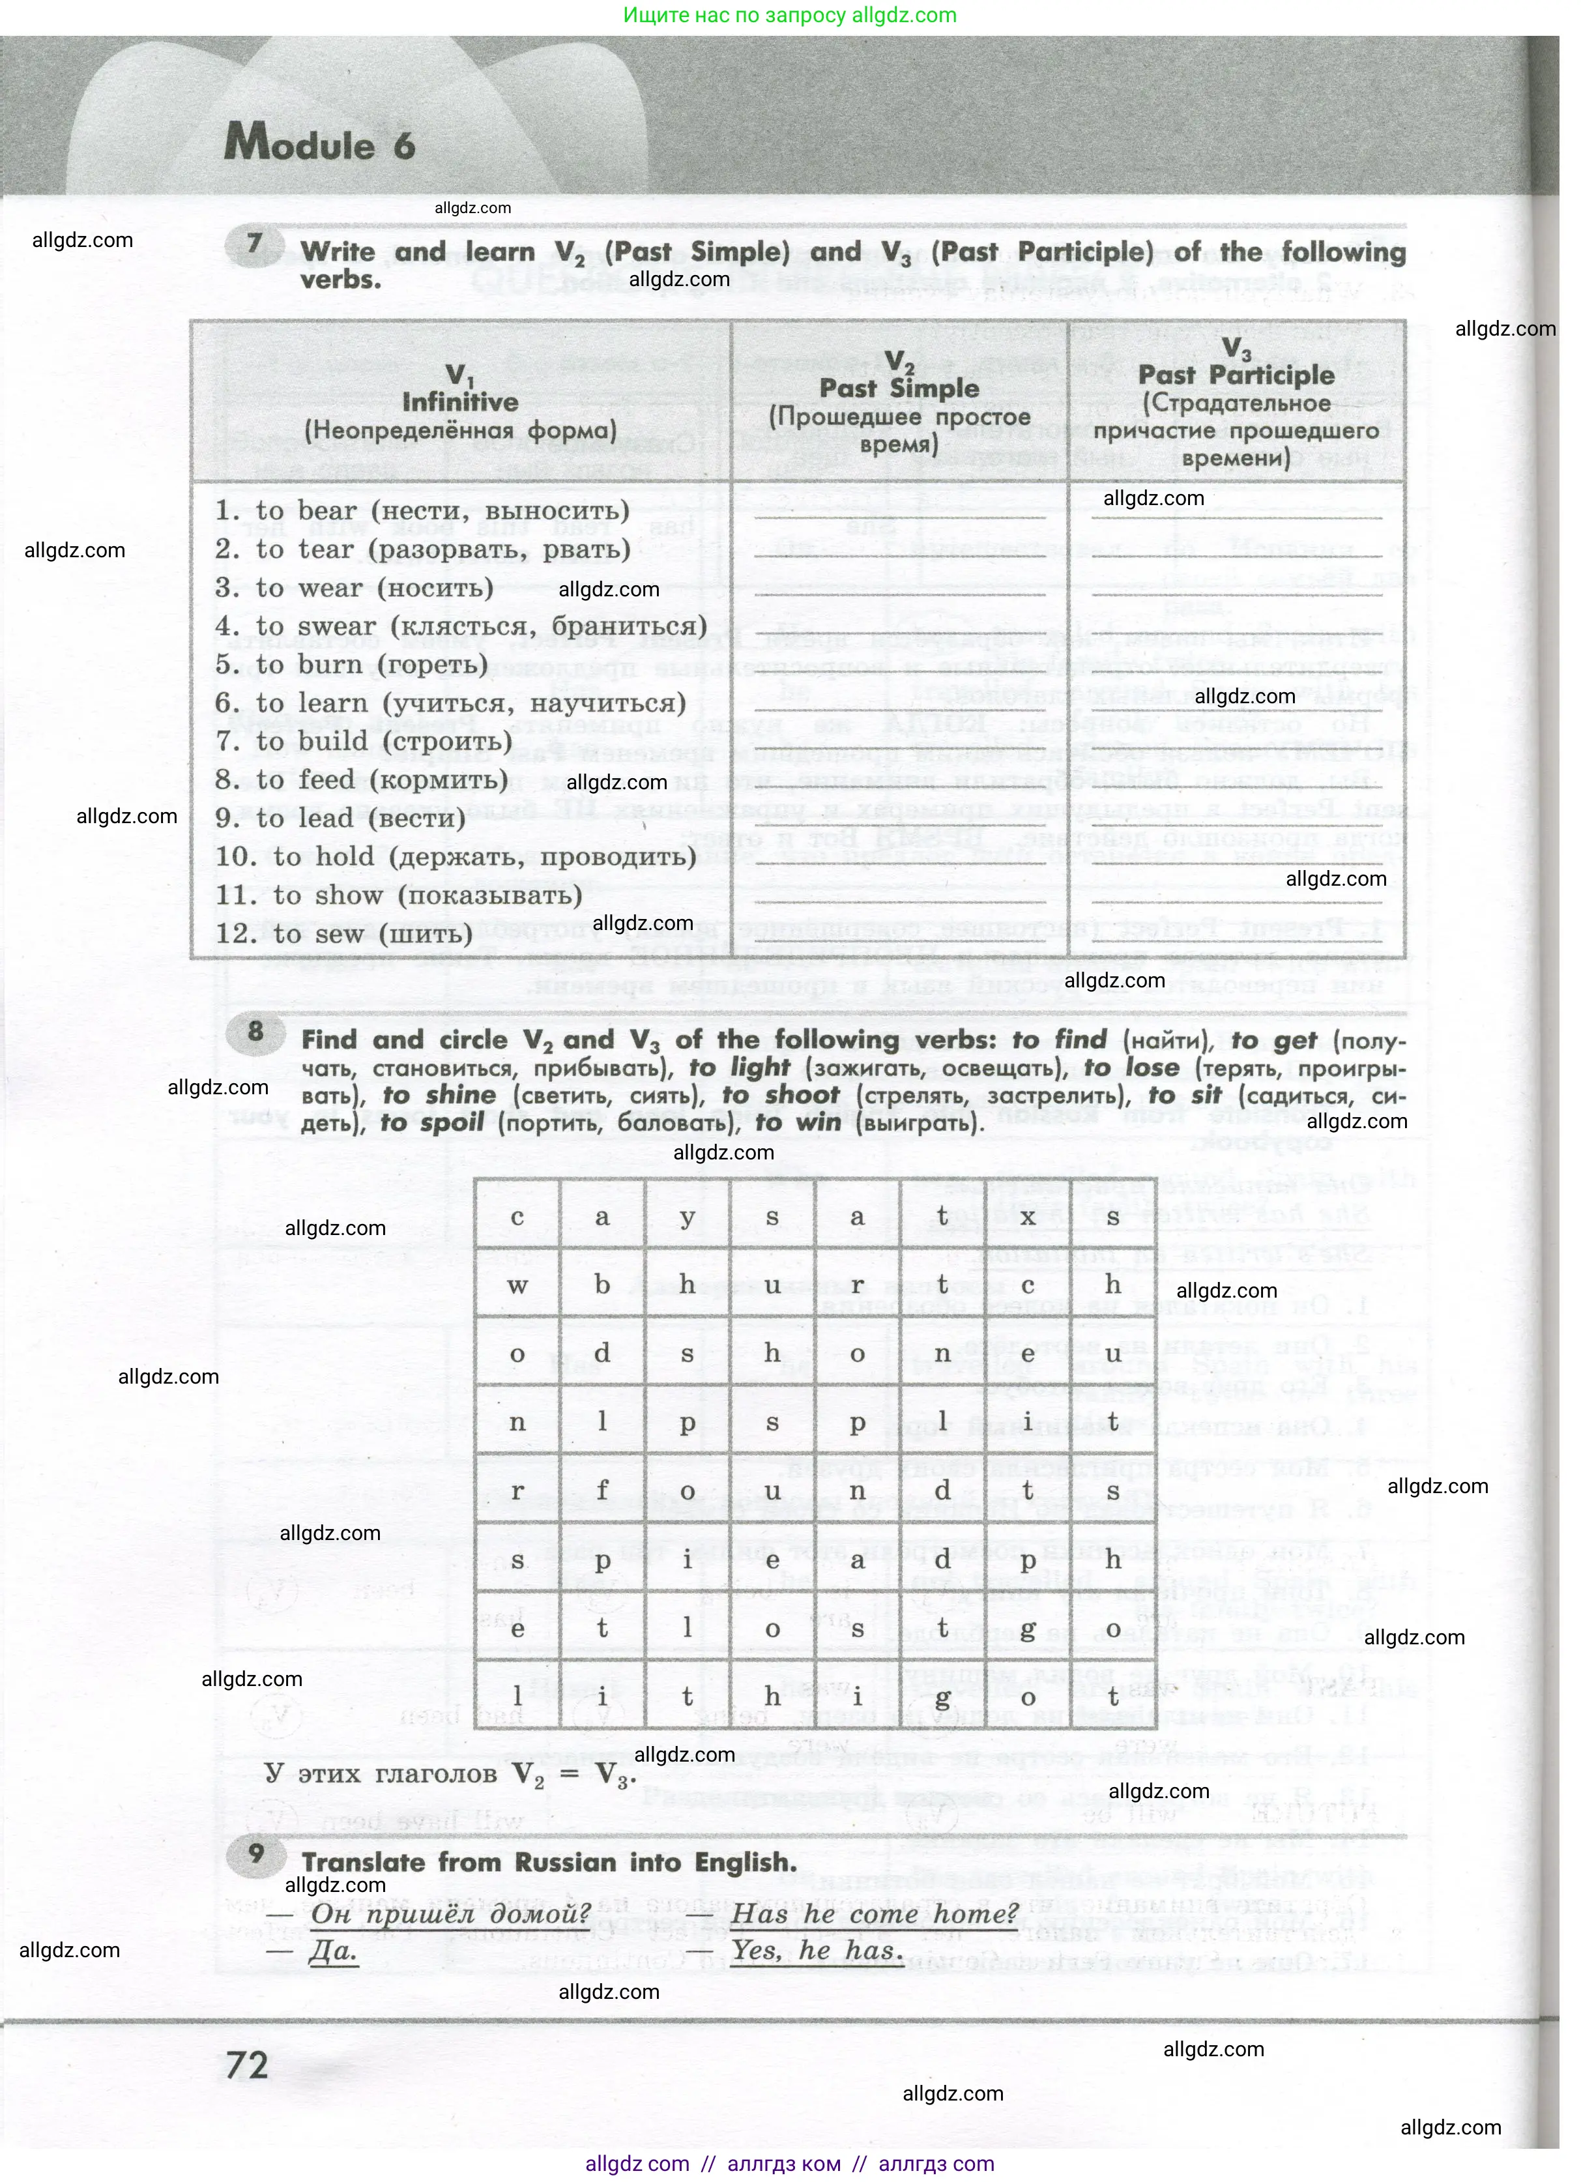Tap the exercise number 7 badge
click(254, 242)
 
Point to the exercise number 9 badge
click(255, 1854)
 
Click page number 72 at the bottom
click(247, 2065)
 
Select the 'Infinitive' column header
click(460, 402)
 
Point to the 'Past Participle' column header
click(1236, 375)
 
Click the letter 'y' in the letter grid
click(687, 1217)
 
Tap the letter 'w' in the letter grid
click(517, 1285)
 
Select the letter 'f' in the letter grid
click(602, 1491)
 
